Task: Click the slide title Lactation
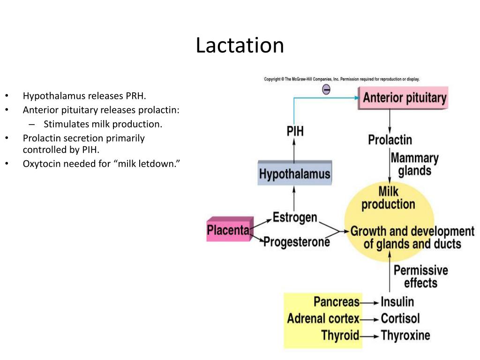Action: (240, 45)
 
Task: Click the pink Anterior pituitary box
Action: (404, 98)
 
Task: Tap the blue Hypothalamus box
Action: (294, 174)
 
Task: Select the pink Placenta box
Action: (229, 230)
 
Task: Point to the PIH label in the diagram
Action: (295, 131)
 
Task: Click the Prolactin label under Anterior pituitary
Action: (390, 140)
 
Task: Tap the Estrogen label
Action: (295, 218)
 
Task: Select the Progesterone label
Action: (296, 242)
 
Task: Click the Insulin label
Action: (397, 301)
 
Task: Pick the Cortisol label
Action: (400, 319)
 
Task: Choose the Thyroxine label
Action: (405, 336)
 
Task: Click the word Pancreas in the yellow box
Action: (337, 301)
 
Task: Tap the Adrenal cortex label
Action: (323, 319)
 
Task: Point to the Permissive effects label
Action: (420, 277)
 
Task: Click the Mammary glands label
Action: (414, 164)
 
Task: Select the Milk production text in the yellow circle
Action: (388, 198)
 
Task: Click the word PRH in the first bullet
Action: (136, 96)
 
